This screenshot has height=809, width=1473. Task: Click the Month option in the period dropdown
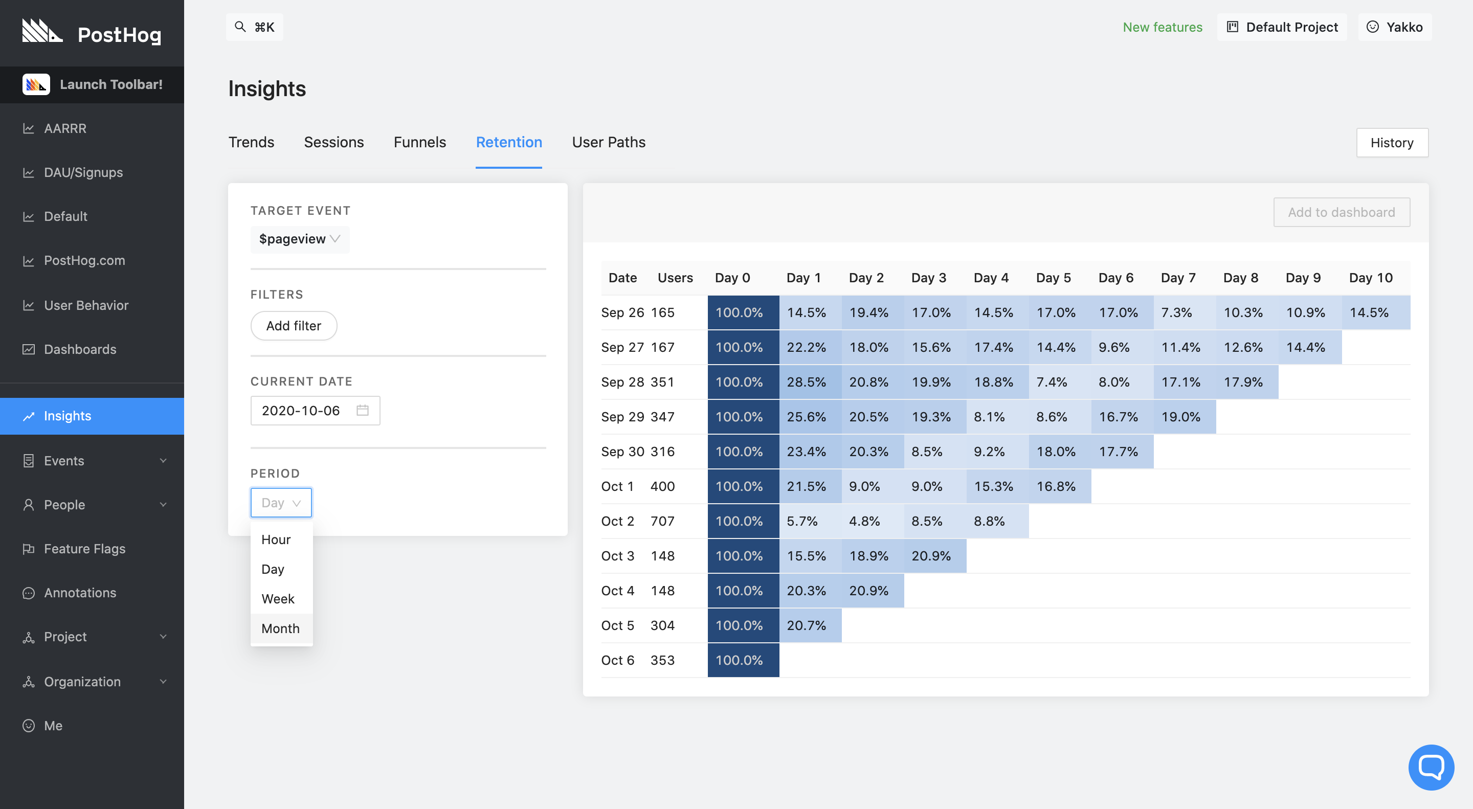(x=280, y=628)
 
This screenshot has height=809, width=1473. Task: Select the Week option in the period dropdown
(x=278, y=599)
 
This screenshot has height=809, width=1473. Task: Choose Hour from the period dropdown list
(x=276, y=540)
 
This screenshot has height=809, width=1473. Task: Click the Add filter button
(x=294, y=326)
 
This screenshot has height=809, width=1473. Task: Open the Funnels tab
(x=419, y=142)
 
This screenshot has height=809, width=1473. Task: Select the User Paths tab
(x=609, y=142)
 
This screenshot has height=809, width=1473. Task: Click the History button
(x=1391, y=143)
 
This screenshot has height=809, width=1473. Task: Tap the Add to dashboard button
(x=1341, y=213)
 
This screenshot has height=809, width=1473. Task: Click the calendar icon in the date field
(x=363, y=411)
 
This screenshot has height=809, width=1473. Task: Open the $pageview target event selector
(x=300, y=239)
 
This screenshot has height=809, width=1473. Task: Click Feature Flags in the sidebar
(x=84, y=549)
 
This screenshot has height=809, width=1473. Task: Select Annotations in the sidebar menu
(x=80, y=593)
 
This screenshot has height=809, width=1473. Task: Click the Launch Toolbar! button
(x=93, y=84)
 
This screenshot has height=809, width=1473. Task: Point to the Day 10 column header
(x=1370, y=278)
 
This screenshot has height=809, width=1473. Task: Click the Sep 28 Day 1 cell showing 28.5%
(x=806, y=382)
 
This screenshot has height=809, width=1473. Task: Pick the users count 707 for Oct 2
(x=662, y=521)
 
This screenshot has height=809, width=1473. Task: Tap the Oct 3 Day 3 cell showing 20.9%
(x=931, y=556)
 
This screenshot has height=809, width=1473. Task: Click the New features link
(x=1162, y=28)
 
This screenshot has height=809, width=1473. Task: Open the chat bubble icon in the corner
(x=1431, y=767)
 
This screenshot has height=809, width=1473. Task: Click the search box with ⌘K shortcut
(x=255, y=28)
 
